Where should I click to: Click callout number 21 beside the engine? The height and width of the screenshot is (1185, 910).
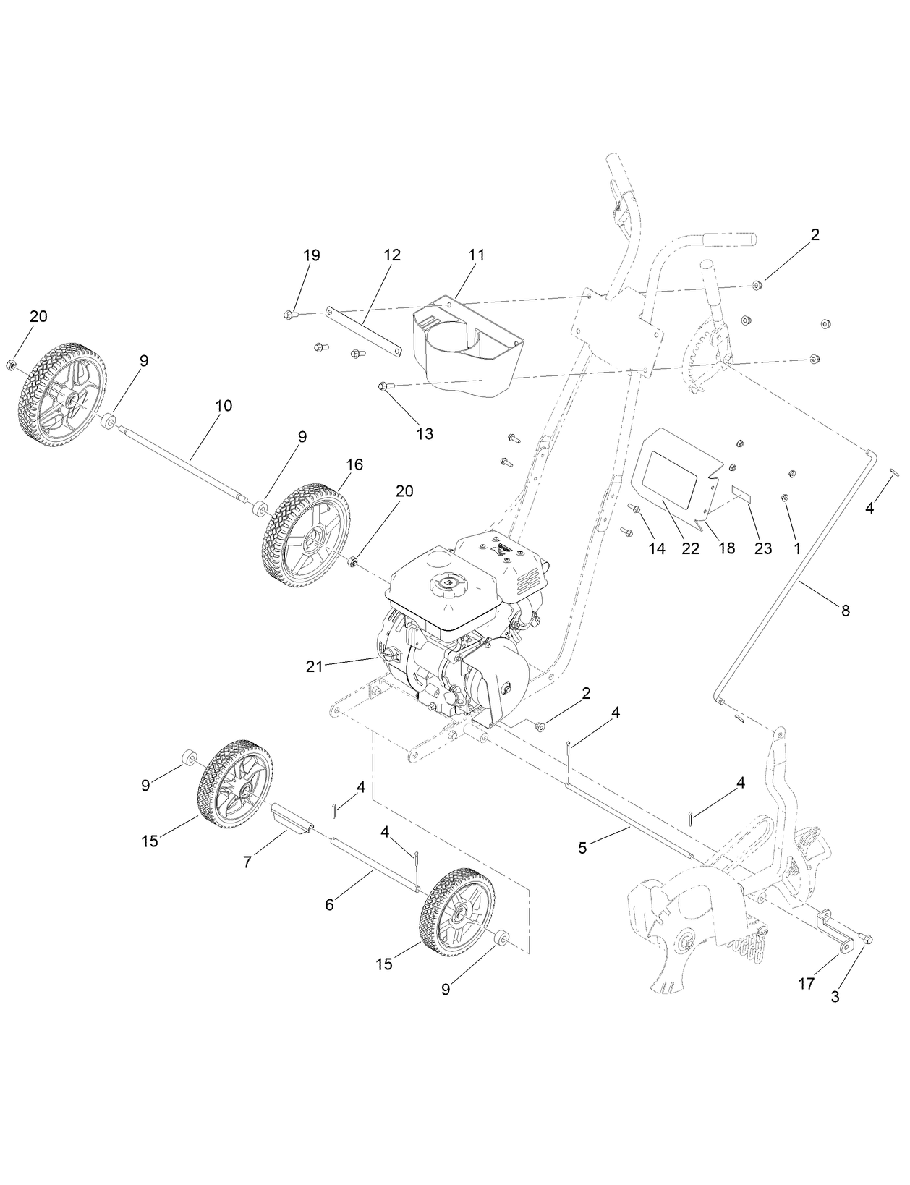[314, 666]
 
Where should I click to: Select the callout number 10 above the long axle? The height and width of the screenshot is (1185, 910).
[224, 406]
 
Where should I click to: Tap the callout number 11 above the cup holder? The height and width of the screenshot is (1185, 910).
[477, 255]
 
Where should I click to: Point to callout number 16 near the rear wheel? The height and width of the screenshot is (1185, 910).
[355, 464]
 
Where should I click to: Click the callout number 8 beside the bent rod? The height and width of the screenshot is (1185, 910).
[845, 611]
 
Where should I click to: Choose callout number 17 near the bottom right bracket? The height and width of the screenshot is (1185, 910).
[806, 984]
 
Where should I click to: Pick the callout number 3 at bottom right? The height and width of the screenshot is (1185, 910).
[835, 996]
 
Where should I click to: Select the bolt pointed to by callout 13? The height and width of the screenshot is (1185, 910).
[383, 387]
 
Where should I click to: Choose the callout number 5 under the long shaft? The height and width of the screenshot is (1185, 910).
[583, 847]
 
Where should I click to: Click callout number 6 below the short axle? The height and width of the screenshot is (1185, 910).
[330, 904]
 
